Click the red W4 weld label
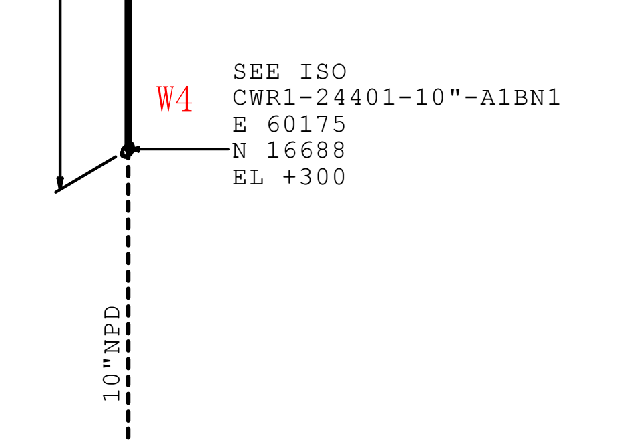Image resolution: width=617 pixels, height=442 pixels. point(174,99)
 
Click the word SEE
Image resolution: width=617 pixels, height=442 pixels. point(257,72)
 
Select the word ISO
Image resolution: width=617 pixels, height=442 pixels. point(323,72)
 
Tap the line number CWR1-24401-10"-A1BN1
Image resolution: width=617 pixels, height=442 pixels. point(397,97)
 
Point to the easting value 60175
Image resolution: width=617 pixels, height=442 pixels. point(306,124)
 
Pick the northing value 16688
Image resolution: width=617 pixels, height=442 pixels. point(306,150)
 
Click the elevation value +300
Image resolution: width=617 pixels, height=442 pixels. point(314,177)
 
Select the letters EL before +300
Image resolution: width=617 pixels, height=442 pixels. point(248,177)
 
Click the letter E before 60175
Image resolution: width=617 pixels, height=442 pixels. point(240,124)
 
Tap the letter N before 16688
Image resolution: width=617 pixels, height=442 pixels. point(240,150)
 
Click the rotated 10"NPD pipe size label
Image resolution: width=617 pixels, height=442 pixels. point(112,353)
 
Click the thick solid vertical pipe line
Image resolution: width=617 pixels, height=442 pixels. point(128,73)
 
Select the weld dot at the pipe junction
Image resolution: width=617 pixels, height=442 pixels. point(127,152)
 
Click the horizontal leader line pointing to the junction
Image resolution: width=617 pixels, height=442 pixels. point(182,149)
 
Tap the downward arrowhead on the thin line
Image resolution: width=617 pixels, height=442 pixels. point(60,184)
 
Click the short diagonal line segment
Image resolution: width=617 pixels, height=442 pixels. point(85,174)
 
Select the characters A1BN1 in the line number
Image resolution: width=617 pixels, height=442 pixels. point(520,97)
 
